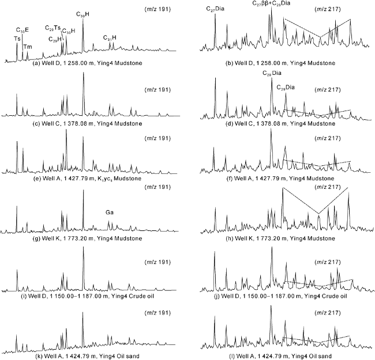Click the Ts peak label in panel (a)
17,39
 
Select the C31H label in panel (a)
110,38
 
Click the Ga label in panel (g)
109,213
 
